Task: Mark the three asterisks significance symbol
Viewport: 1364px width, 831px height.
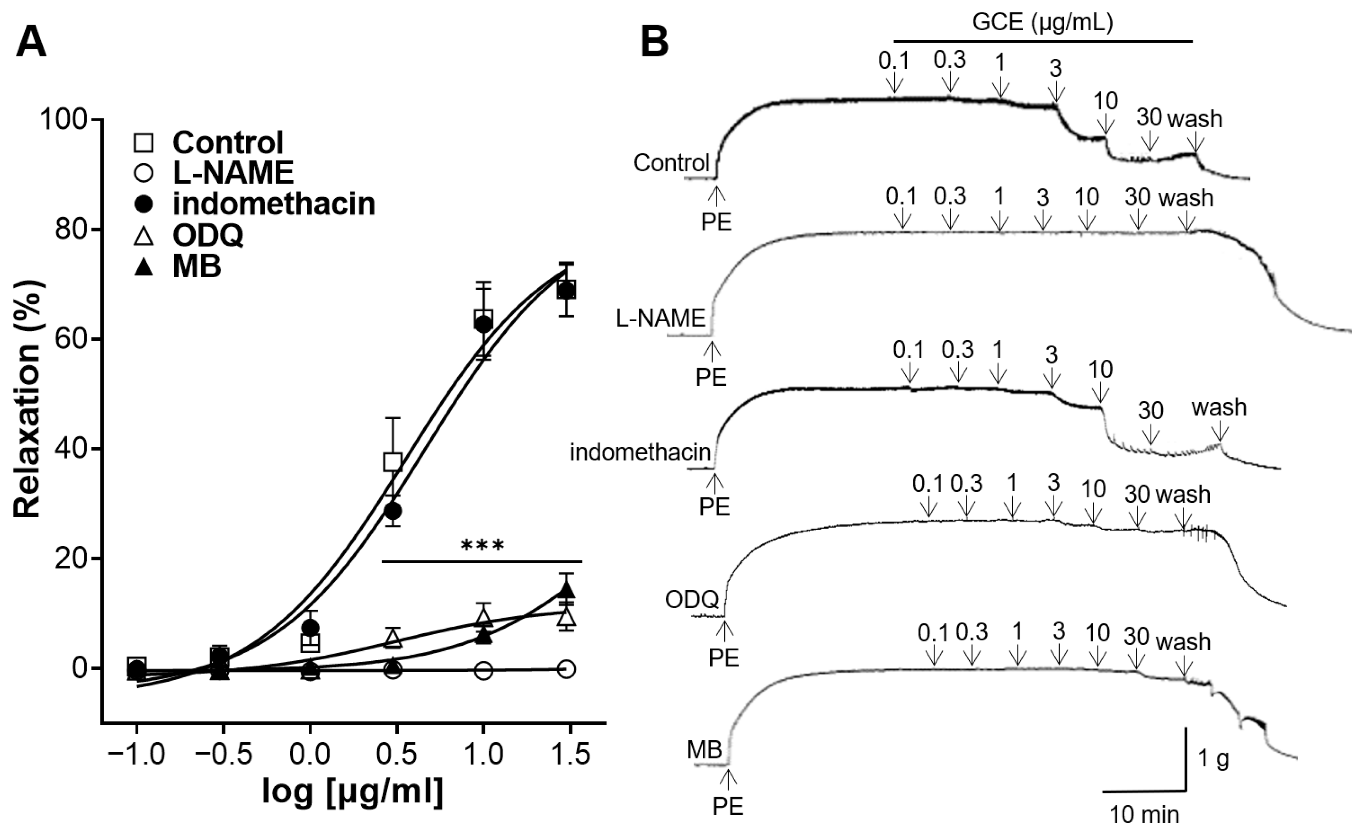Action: click(x=482, y=547)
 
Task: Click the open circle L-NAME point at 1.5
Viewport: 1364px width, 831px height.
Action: click(x=566, y=669)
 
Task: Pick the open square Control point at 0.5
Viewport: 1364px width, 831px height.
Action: click(x=393, y=462)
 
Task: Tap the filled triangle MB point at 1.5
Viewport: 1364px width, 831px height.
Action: click(x=566, y=590)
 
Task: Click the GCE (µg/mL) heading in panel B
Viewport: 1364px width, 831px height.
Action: click(x=1042, y=23)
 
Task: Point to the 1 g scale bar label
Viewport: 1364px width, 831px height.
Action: click(x=1214, y=760)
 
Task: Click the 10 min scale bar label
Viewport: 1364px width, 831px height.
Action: click(x=1144, y=814)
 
